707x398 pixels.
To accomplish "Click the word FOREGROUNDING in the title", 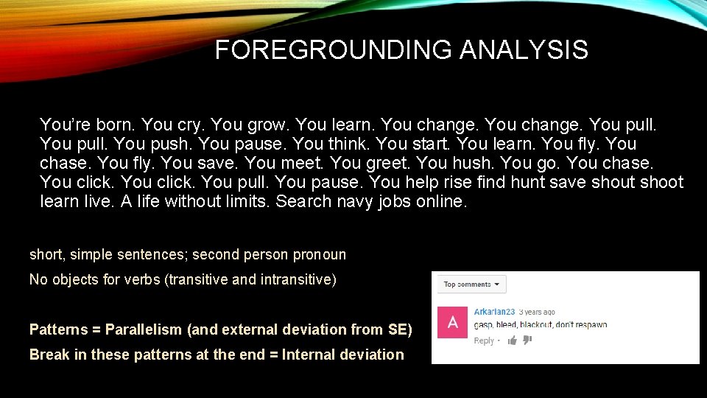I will point(334,50).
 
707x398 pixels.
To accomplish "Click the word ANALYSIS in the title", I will point(524,50).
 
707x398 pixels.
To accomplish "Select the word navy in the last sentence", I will point(358,201).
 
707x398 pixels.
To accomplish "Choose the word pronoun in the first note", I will point(319,255).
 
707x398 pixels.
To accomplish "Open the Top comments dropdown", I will point(471,284).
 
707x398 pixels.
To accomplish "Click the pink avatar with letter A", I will point(452,323).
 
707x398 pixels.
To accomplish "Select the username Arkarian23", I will point(494,312).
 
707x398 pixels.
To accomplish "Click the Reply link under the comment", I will point(484,341).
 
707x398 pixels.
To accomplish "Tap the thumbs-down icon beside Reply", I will point(527,341).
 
